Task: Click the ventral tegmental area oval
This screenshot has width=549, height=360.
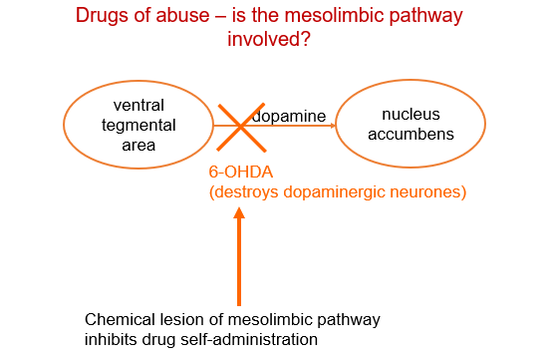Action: click(138, 126)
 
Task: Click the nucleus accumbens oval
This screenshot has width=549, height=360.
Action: click(411, 126)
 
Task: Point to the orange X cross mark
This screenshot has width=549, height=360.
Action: click(236, 127)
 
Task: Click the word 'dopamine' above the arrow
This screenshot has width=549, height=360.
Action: click(289, 117)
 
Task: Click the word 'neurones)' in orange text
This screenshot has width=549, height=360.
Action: click(431, 192)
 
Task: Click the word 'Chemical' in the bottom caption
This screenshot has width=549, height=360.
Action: click(119, 320)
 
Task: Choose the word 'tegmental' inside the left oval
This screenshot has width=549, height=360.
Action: click(138, 126)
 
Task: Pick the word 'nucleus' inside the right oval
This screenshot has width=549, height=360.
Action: click(411, 116)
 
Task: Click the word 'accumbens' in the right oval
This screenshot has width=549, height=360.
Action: click(411, 136)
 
